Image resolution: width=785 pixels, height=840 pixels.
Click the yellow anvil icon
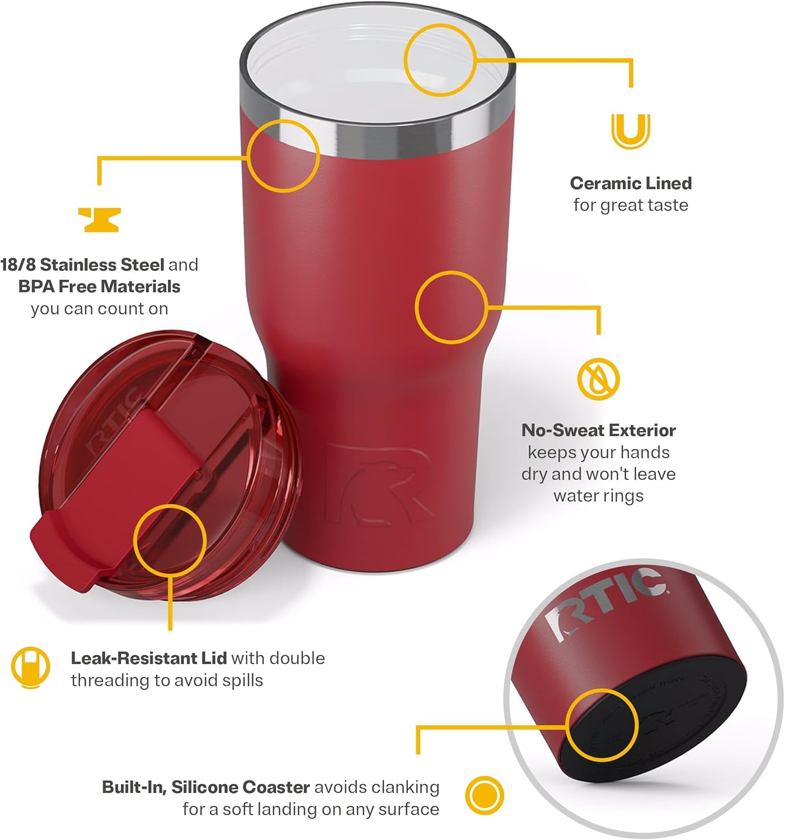tap(99, 220)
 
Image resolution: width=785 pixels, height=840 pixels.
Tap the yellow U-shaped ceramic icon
tap(631, 130)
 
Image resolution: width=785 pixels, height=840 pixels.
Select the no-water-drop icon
tap(598, 379)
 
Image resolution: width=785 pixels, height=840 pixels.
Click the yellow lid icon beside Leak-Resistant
tap(30, 667)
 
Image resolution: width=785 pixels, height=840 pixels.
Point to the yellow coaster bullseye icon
tap(485, 795)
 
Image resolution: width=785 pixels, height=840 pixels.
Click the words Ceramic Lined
tap(631, 183)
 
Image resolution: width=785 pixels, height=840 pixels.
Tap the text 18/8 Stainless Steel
tap(82, 264)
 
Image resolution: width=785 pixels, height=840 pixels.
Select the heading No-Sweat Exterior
tap(598, 430)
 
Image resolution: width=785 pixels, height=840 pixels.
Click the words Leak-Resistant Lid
tap(148, 658)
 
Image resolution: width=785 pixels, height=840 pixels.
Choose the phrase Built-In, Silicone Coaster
tap(205, 787)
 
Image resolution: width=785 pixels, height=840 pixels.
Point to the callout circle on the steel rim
tap(283, 156)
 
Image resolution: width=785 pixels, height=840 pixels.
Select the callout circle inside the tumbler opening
tap(440, 59)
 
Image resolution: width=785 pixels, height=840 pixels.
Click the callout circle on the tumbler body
tap(452, 307)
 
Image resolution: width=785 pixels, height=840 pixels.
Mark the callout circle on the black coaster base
tap(601, 725)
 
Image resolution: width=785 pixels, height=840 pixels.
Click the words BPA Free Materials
tap(99, 287)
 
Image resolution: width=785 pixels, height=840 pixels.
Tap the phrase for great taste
tap(631, 205)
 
